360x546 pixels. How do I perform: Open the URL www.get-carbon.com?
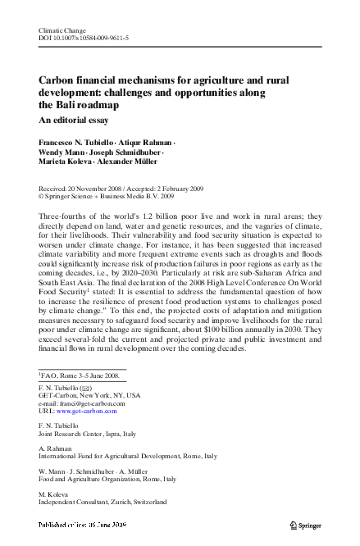click(x=83, y=412)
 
